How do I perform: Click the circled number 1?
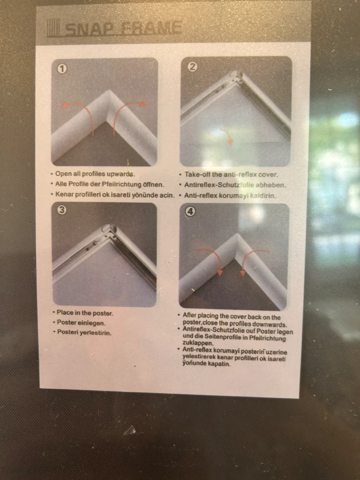62,69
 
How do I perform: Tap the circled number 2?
192,67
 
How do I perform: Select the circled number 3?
62,209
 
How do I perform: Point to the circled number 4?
190,211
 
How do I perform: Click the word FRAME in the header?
151,28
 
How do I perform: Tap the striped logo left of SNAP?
53,29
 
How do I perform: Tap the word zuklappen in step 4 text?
197,343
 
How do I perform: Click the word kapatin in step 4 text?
219,364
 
